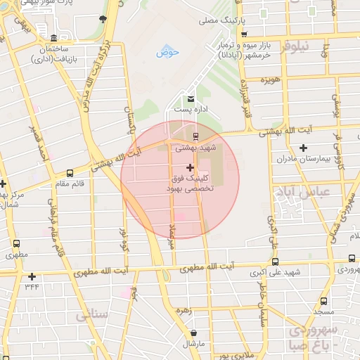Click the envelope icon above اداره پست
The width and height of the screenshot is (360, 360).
click(191, 98)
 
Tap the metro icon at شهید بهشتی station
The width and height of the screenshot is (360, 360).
click(196, 136)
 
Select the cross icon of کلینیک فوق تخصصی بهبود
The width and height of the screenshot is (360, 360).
click(190, 167)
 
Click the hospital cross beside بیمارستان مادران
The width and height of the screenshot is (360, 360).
click(303, 148)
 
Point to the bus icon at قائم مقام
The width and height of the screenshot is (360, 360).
click(69, 172)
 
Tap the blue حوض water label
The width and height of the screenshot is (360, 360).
click(168, 52)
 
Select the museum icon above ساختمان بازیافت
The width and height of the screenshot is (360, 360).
click(53, 37)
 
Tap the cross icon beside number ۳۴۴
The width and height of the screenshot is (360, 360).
click(32, 276)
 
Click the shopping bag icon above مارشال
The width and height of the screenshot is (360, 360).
click(193, 333)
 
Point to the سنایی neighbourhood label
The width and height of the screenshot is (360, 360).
click(92, 316)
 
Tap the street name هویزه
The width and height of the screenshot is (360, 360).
click(270, 81)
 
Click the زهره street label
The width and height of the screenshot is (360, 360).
click(184, 309)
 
